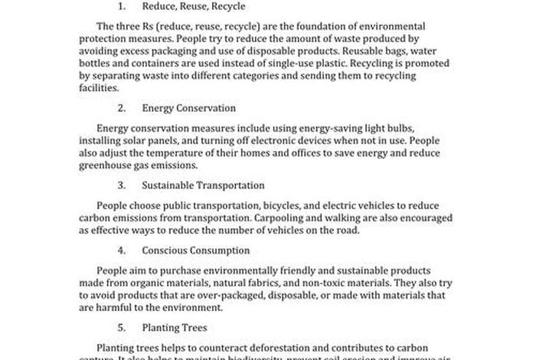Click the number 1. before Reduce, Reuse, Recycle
tap(121, 7)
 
